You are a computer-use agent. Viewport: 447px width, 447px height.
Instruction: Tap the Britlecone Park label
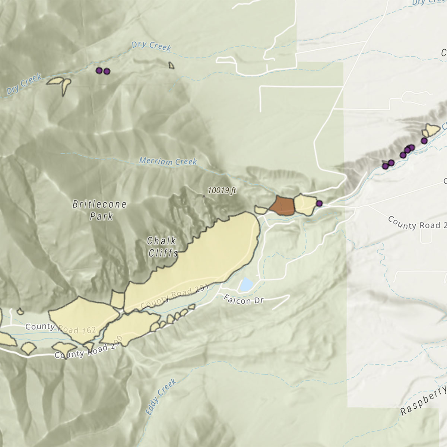99,210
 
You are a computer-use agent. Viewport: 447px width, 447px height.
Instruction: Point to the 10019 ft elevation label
222,191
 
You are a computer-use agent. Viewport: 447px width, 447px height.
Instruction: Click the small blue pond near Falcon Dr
246,285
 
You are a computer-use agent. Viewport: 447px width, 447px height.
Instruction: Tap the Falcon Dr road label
243,299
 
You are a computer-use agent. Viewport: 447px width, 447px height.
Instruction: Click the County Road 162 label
61,328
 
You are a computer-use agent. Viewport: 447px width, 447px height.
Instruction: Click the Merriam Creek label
168,161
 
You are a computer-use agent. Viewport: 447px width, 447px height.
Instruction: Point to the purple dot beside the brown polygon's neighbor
319,203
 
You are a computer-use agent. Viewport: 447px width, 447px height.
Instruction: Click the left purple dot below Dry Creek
99,70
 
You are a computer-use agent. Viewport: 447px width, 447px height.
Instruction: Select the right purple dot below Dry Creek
107,71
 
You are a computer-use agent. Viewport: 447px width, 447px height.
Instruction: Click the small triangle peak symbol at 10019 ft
203,195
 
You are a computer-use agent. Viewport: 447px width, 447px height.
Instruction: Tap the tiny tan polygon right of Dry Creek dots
171,66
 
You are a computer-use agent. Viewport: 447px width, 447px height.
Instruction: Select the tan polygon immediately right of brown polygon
304,205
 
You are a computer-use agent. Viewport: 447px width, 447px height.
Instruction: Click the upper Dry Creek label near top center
151,46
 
